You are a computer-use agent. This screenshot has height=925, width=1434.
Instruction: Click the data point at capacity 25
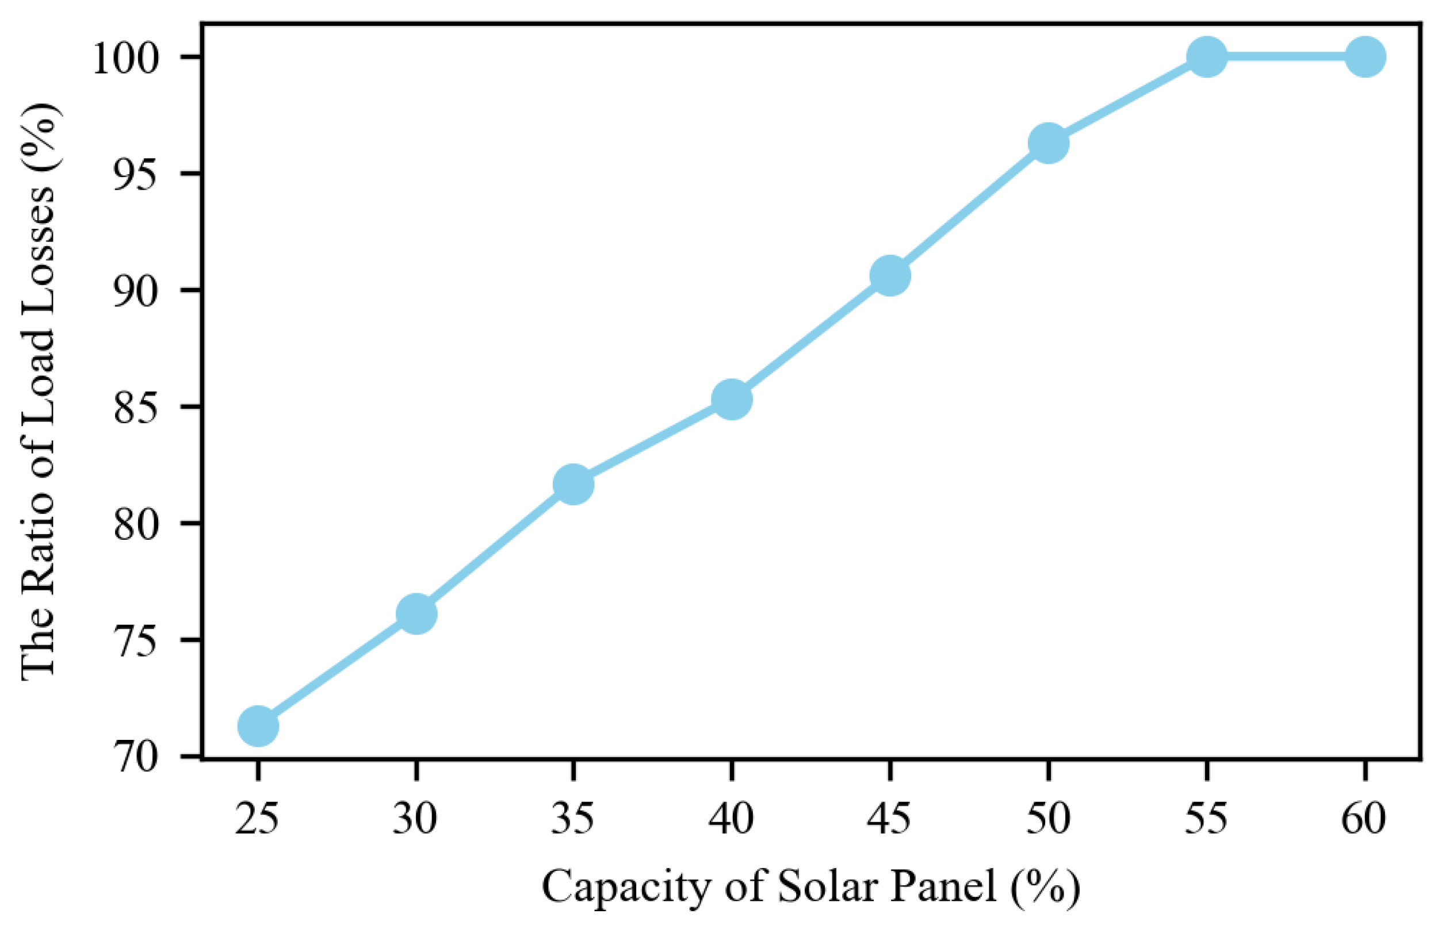click(258, 726)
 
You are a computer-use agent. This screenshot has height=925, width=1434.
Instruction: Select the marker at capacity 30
click(416, 614)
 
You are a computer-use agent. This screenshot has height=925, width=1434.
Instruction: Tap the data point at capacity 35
click(573, 484)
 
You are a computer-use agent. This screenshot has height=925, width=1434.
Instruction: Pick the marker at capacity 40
click(732, 400)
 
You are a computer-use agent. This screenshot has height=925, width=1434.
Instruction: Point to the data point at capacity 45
click(890, 276)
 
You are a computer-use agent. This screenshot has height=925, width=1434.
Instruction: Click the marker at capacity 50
click(1048, 144)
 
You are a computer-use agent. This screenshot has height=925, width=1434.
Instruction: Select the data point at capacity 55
click(1206, 57)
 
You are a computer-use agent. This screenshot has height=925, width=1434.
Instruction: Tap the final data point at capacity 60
click(1365, 57)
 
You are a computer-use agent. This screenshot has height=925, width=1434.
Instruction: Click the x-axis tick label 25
click(257, 819)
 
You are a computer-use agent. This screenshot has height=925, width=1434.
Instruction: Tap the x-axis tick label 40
click(731, 819)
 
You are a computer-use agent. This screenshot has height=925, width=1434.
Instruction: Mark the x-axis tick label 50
click(1047, 819)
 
